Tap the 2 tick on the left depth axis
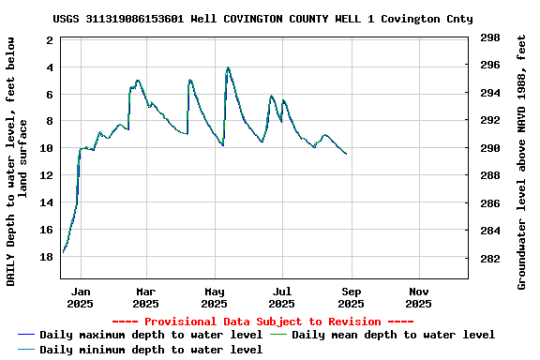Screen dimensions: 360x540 [50, 40]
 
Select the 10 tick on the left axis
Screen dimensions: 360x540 [47, 148]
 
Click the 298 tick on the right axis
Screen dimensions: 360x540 [489, 38]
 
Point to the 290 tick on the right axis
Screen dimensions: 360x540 [489, 148]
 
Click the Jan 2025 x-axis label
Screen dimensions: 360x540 [81, 297]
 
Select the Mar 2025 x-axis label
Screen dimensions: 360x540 [145, 297]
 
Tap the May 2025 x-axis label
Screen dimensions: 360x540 [215, 297]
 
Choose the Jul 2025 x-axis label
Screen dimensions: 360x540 [282, 297]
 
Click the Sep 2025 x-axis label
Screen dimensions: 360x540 [351, 297]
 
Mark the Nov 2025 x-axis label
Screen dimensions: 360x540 [419, 297]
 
